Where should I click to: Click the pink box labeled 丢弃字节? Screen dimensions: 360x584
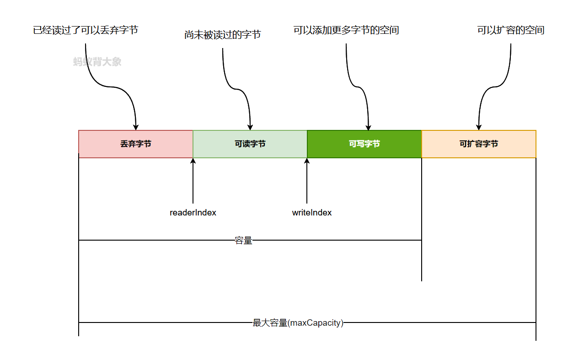click(x=136, y=144)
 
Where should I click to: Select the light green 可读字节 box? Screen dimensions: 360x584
click(x=250, y=144)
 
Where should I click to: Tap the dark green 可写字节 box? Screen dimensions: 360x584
click(x=364, y=144)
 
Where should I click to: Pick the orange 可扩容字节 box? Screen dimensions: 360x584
click(x=479, y=144)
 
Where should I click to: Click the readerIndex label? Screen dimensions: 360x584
click(x=193, y=213)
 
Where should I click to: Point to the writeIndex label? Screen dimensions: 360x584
click(x=312, y=213)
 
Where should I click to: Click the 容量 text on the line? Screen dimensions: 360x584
click(x=244, y=241)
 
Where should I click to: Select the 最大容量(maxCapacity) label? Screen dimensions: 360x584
click(x=298, y=323)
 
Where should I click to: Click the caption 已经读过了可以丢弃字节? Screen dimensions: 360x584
click(x=86, y=31)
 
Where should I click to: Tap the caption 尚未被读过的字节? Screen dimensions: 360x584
click(x=223, y=35)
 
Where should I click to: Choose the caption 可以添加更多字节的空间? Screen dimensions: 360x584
click(x=346, y=31)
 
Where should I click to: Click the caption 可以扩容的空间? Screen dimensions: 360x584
click(x=511, y=31)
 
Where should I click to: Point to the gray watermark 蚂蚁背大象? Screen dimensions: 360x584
click(x=97, y=62)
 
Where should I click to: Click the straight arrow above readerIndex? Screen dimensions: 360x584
click(x=193, y=183)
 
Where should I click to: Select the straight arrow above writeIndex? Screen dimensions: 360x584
click(x=307, y=183)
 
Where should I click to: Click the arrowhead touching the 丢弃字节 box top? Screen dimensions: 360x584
click(x=136, y=127)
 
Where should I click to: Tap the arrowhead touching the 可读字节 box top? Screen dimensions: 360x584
click(x=250, y=127)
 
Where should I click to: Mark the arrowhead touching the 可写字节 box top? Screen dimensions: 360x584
click(x=369, y=127)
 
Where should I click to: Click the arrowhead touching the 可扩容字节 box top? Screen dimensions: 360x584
click(x=479, y=127)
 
